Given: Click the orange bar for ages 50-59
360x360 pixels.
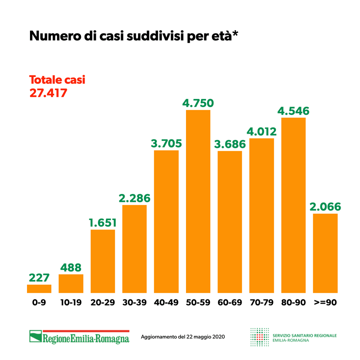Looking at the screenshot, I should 198,201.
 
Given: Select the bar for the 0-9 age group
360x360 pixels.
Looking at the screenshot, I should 39,288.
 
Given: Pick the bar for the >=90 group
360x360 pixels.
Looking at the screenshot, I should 325,253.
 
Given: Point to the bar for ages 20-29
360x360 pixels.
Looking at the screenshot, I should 103,261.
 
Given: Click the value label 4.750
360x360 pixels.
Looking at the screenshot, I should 198,103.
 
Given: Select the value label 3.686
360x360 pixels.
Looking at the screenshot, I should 230,144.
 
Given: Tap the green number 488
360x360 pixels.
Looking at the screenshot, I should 71,268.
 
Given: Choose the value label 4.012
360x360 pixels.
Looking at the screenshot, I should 262,132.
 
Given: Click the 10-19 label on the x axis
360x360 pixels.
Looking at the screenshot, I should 71,303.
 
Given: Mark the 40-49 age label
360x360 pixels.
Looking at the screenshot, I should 166,303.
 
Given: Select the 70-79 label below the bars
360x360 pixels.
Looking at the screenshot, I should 262,303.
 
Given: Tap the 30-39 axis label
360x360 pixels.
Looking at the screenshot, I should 135,303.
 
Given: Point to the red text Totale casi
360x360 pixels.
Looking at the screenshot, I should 57,80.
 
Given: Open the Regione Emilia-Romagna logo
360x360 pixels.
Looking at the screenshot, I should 79,336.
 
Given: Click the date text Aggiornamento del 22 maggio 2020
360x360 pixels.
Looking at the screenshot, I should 183,337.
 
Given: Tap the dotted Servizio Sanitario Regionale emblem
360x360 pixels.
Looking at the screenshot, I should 259,337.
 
